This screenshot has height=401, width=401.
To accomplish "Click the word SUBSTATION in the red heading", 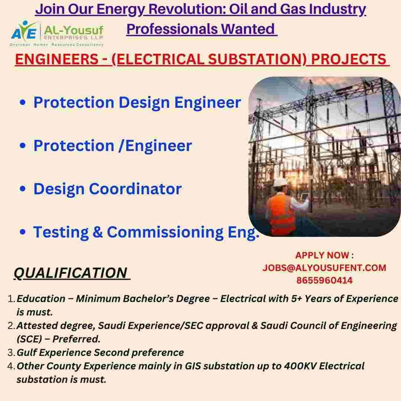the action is tap(257, 59).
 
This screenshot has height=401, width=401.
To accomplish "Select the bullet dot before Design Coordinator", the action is tap(23, 189).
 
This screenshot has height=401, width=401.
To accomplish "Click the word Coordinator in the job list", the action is tap(135, 189).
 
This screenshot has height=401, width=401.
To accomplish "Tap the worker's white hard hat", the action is tap(281, 182).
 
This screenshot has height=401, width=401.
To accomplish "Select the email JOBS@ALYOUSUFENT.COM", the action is tap(324, 268).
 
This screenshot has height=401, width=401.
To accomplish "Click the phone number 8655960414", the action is tap(324, 281).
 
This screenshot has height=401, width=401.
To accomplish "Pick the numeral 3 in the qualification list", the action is tap(10, 353).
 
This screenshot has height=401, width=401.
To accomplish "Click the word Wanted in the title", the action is tap(248, 29).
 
